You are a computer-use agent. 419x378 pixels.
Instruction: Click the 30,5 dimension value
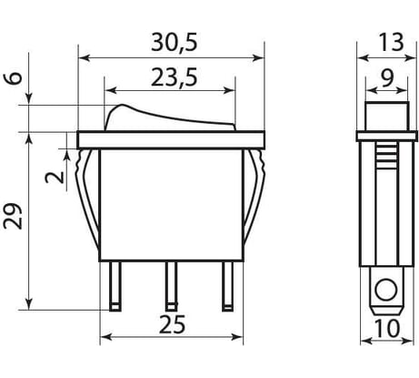(172, 41)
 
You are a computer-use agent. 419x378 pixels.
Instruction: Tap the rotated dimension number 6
(14, 78)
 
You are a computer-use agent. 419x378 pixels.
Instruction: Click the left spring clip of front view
(88, 196)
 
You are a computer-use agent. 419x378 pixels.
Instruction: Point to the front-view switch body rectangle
(170, 205)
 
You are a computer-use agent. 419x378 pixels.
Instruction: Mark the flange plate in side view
(384, 138)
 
